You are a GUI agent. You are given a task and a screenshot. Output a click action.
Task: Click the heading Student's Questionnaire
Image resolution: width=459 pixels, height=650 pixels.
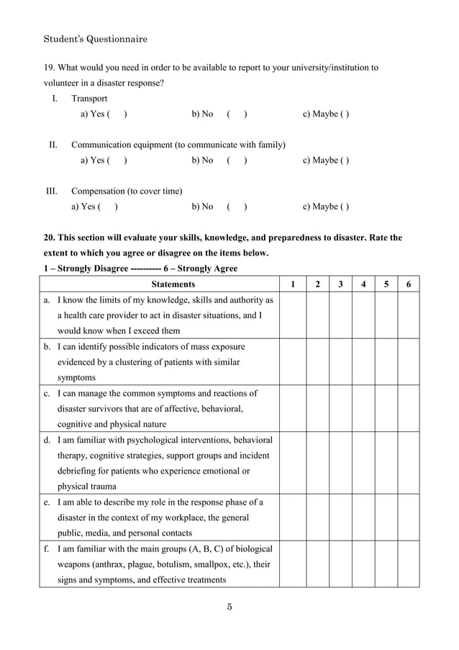point(95,37)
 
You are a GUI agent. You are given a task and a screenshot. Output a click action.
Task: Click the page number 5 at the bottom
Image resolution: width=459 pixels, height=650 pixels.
point(229,605)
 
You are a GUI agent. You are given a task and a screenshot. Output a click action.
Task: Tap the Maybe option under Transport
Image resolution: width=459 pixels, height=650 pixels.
point(326,114)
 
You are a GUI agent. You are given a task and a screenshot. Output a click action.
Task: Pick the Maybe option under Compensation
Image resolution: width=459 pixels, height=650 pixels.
point(326,207)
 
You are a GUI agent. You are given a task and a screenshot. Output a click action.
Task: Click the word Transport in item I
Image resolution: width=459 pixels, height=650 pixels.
point(89,99)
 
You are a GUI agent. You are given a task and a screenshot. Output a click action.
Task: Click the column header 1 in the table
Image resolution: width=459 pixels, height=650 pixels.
point(292,284)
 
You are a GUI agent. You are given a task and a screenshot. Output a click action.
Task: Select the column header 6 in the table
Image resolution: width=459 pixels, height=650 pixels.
point(409,284)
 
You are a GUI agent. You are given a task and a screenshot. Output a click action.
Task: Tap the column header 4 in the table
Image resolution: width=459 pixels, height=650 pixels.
point(363,284)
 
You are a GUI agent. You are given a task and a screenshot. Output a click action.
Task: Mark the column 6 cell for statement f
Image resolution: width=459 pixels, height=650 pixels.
point(409,564)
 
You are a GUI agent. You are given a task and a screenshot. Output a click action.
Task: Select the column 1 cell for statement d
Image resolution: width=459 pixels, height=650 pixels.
point(292,463)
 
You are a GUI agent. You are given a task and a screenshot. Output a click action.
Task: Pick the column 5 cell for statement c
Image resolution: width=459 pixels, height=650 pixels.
point(386,409)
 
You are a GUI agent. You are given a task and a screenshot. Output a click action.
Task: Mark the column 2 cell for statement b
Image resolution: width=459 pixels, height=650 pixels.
point(316,362)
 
